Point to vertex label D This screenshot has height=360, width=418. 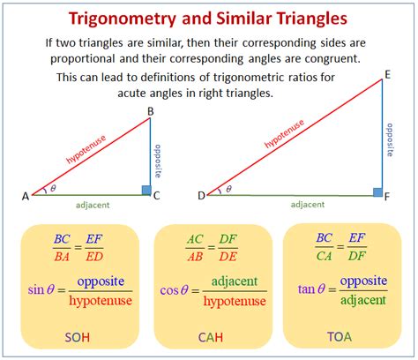point(201,195)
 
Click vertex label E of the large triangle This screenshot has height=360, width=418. point(387,77)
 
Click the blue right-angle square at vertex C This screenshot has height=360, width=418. point(146,189)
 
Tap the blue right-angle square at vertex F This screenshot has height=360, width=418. point(377,191)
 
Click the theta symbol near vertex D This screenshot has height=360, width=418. point(229,188)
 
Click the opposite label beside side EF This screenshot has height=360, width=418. point(389,139)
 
